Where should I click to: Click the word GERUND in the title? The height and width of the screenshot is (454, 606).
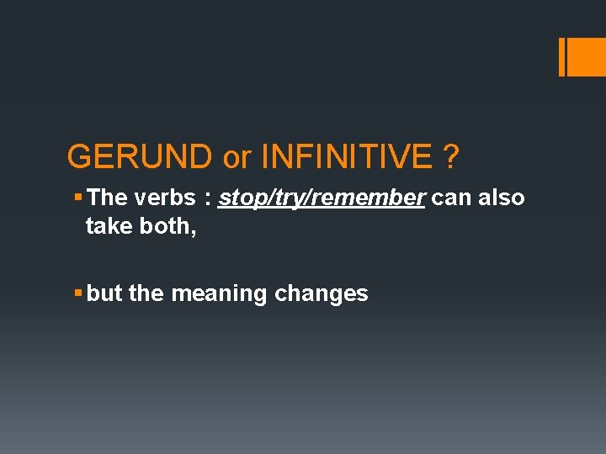[140, 156]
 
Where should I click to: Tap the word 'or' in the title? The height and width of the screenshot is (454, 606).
[237, 156]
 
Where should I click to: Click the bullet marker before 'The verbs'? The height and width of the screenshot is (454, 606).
[77, 198]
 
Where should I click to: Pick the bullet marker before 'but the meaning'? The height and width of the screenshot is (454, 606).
[77, 293]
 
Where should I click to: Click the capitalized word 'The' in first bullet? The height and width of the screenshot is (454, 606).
[106, 198]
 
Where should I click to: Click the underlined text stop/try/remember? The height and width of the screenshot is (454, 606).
[322, 198]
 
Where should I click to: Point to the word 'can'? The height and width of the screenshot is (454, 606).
[451, 198]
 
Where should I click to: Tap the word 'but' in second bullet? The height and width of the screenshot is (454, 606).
[104, 293]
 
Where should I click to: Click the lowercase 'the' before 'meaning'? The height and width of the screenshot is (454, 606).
[146, 293]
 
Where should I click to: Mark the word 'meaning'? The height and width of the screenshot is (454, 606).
[218, 294]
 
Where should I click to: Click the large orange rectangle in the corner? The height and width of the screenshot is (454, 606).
[587, 57]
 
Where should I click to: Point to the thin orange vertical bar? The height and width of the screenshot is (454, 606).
[562, 57]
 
